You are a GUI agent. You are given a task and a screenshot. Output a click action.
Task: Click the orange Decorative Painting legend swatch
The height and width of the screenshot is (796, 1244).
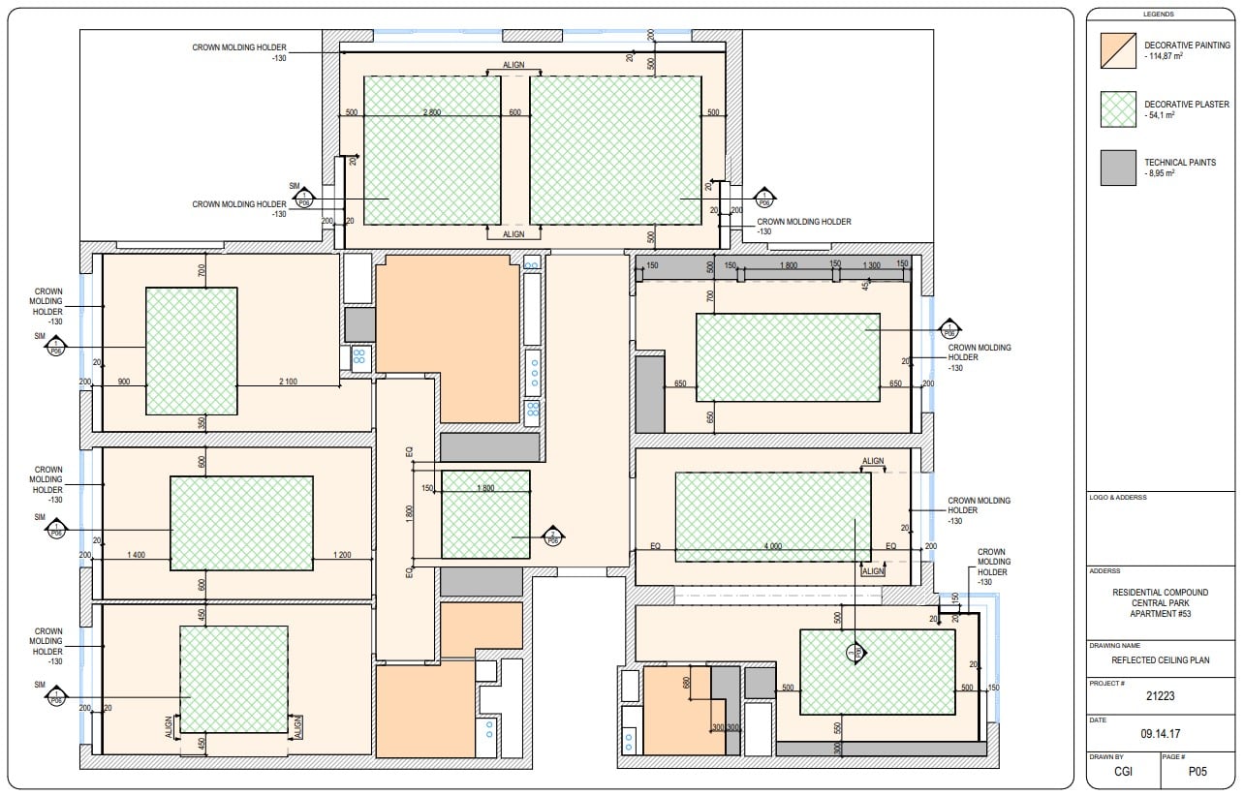[x=1118, y=51]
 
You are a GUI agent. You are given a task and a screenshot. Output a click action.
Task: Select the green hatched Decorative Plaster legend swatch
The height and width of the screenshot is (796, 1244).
[x=1118, y=109]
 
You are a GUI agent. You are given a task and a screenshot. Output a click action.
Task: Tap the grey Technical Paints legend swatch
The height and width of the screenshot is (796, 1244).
[x=1118, y=168]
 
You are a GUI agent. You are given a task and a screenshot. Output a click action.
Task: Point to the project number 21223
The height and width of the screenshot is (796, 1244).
[x=1161, y=695]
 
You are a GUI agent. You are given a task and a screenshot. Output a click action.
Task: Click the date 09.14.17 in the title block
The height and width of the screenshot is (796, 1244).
[x=1161, y=733]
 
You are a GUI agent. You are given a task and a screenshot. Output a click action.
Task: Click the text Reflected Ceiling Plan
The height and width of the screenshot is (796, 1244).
[x=1161, y=659]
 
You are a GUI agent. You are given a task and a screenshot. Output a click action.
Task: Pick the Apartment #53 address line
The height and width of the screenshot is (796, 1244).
[x=1161, y=614]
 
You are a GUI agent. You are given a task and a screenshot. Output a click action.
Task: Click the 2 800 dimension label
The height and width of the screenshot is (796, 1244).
[x=432, y=112]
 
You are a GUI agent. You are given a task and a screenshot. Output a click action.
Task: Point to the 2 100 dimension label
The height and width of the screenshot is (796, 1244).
[x=288, y=382]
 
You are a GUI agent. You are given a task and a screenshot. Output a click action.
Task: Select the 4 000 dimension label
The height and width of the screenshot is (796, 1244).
[x=772, y=547]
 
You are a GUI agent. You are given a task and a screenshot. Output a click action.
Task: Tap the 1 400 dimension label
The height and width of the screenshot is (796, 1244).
[x=137, y=554]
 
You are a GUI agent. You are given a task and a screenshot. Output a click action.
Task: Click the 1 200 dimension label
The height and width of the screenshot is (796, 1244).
[x=341, y=554]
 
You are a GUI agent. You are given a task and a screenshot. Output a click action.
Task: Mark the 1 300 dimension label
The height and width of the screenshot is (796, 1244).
[x=870, y=264]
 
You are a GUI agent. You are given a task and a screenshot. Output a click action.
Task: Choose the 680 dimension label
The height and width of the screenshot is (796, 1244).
[x=687, y=683]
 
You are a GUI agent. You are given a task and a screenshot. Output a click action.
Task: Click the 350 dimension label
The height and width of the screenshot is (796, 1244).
[x=202, y=423]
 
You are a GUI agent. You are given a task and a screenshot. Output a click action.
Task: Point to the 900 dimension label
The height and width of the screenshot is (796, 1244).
[x=123, y=382]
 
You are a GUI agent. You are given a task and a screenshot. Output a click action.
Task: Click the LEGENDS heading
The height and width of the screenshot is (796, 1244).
[x=1159, y=15]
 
